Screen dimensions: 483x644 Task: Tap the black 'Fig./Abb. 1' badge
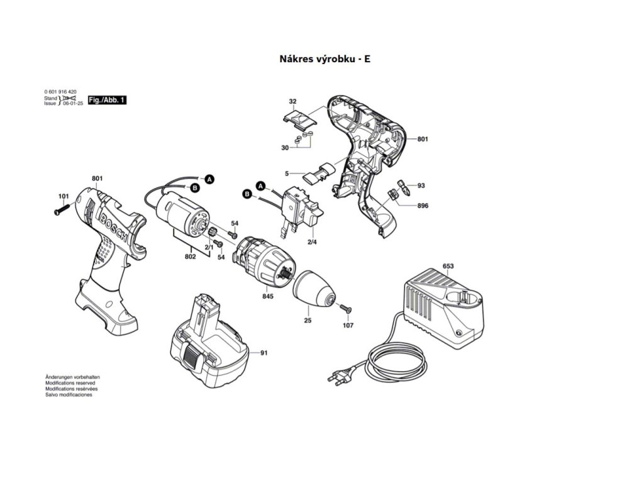[108, 100]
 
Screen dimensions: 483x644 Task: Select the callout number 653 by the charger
[448, 266]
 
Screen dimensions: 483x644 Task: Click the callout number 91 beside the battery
[264, 353]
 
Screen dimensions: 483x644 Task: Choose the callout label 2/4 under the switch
[311, 241]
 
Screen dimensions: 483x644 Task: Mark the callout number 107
[348, 325]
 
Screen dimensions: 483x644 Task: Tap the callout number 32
[292, 101]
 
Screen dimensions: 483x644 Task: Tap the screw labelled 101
[61, 210]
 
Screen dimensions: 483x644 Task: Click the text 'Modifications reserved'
[70, 382]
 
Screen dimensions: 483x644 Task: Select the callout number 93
[421, 186]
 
